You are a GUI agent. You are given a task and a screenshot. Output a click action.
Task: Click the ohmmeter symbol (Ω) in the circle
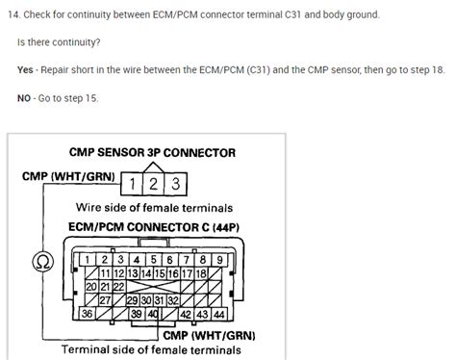coord(40,261)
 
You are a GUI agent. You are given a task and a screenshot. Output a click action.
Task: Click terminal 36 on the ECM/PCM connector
coord(88,313)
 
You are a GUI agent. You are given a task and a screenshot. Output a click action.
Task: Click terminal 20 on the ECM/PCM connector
coord(92,286)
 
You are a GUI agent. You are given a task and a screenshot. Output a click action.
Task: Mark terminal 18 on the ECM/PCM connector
coord(202,273)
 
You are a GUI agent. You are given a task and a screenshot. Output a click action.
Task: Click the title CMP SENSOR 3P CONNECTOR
coord(152,152)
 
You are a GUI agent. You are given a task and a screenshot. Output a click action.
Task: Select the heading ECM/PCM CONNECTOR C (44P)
coord(152,226)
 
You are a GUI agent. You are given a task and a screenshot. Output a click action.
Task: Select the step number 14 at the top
coord(12,15)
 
